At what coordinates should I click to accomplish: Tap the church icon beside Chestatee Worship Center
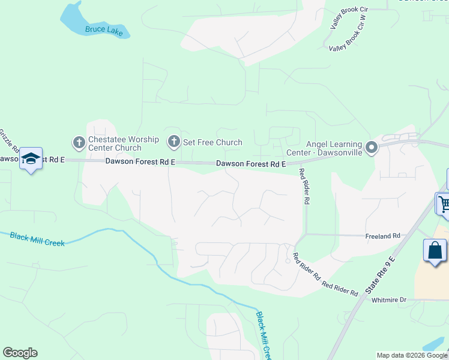(79, 143)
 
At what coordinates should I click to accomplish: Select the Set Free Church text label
(212, 142)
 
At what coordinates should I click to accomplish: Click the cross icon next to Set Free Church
(173, 142)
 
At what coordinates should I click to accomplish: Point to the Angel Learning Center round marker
(372, 147)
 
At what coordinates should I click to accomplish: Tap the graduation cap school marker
(31, 158)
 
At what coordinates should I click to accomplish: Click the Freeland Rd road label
(382, 236)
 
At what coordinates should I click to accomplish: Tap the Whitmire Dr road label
(389, 299)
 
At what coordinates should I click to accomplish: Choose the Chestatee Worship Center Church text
(123, 143)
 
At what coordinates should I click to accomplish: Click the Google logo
(20, 353)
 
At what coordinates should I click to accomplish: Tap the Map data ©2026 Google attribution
(412, 355)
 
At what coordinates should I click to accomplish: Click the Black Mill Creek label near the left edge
(37, 239)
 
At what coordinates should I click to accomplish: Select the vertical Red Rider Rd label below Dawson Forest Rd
(304, 187)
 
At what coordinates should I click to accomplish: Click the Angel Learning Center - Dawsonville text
(334, 148)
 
